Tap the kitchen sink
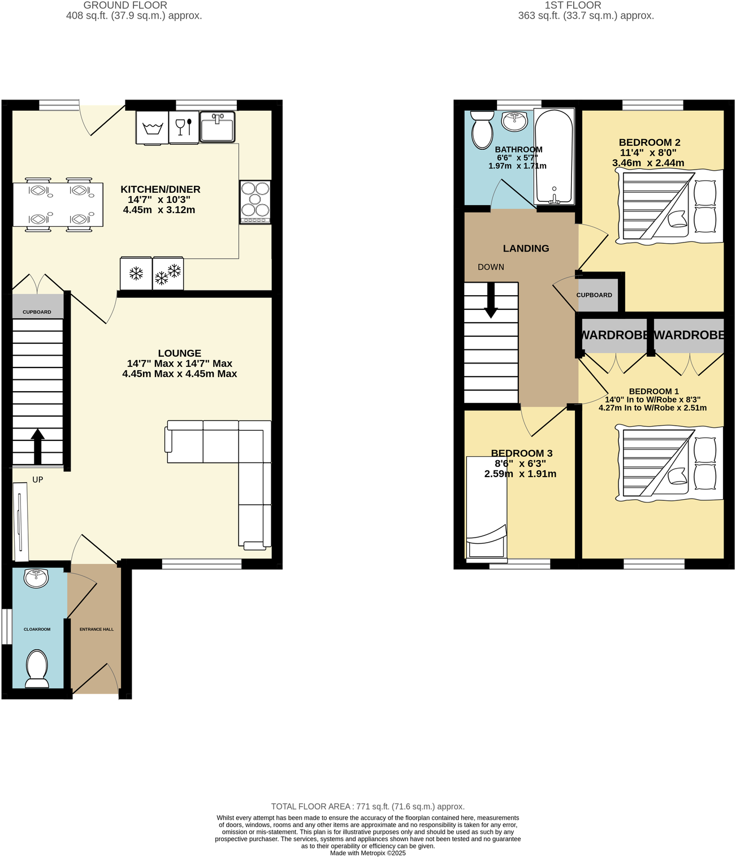pyautogui.click(x=217, y=127)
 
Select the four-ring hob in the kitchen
pyautogui.click(x=255, y=202)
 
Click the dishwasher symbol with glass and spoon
pyautogui.click(x=184, y=127)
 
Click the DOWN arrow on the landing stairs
pyautogui.click(x=491, y=300)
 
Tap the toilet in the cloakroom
pyautogui.click(x=37, y=668)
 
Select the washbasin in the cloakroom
pyautogui.click(x=37, y=578)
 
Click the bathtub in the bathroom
pyautogui.click(x=554, y=157)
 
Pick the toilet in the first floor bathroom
pyautogui.click(x=482, y=129)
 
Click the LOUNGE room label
pyautogui.click(x=179, y=353)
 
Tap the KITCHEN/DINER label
pyautogui.click(x=161, y=189)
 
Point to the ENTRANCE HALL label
pyautogui.click(x=97, y=629)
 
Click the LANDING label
pyautogui.click(x=526, y=248)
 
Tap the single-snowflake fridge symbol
pyautogui.click(x=136, y=274)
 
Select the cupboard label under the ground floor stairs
pyautogui.click(x=37, y=312)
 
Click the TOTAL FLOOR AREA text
pyautogui.click(x=367, y=807)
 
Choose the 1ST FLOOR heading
pyautogui.click(x=573, y=5)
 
